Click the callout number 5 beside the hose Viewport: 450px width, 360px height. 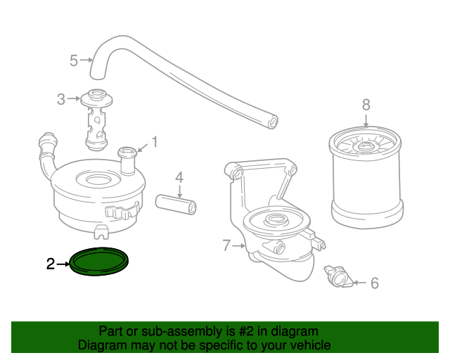pyautogui.click(x=74, y=60)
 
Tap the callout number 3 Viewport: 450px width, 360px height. pyautogui.click(x=61, y=99)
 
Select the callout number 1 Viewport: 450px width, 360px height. pyautogui.click(x=155, y=142)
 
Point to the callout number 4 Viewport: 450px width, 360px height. pyautogui.click(x=179, y=178)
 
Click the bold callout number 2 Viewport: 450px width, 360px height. pyautogui.click(x=51, y=264)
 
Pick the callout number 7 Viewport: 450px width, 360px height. pyautogui.click(x=226, y=245)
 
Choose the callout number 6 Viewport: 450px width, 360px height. pyautogui.click(x=375, y=283)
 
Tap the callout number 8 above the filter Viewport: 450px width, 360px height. pyautogui.click(x=366, y=105)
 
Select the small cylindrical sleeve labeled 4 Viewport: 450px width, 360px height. pyautogui.click(x=176, y=204)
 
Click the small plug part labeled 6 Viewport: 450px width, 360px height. pyautogui.click(x=338, y=276)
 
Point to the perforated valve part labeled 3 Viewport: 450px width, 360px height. pyautogui.click(x=96, y=120)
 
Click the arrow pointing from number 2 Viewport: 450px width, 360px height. pyautogui.click(x=63, y=264)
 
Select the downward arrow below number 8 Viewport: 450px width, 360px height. pyautogui.click(x=366, y=120)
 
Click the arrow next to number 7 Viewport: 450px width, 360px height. pyautogui.click(x=239, y=245)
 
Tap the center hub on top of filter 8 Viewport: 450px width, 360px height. pyautogui.click(x=366, y=146)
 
